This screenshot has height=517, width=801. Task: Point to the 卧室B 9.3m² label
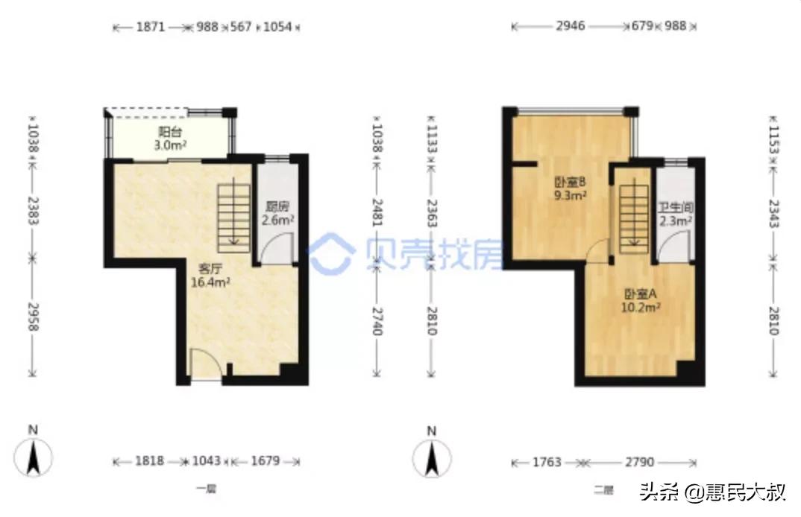[x=567, y=190]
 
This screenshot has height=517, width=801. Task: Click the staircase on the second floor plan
[x=632, y=215]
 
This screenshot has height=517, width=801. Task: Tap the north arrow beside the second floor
[x=431, y=451]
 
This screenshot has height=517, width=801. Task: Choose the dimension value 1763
[x=547, y=462]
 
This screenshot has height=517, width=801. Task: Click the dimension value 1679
[x=264, y=462]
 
